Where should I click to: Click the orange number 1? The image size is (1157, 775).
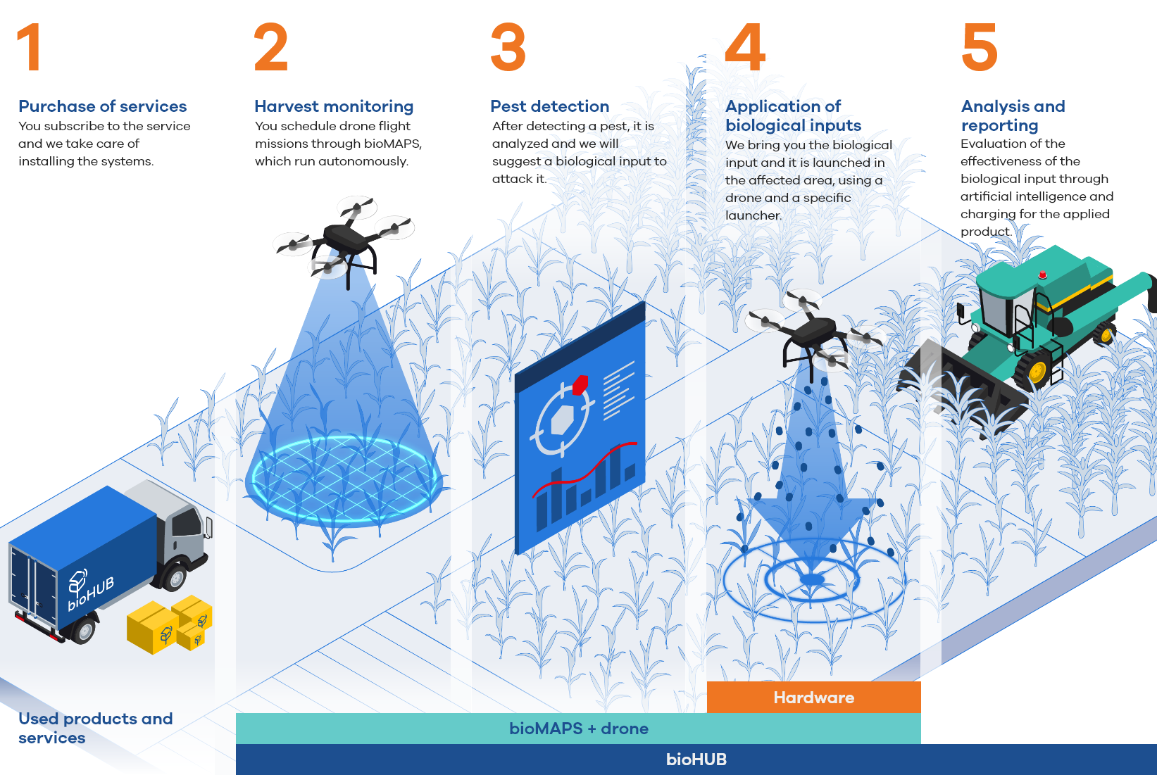click(30, 46)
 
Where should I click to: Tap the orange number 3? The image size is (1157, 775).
click(508, 46)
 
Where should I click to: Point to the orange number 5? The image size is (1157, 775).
click(980, 46)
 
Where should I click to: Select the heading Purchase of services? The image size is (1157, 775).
click(102, 106)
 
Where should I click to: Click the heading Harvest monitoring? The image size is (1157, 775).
click(334, 106)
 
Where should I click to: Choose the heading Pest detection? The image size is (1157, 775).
click(549, 106)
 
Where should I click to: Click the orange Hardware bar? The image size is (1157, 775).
click(813, 697)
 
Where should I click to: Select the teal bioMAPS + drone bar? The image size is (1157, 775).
click(579, 729)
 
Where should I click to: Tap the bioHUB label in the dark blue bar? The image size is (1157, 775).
click(696, 760)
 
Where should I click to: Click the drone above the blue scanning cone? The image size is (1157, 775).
click(344, 240)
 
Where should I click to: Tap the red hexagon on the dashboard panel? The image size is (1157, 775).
click(580, 384)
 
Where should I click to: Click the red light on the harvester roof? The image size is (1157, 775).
click(1042, 274)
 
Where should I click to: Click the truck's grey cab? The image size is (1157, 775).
click(175, 527)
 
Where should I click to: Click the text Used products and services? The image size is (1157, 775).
click(96, 728)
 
